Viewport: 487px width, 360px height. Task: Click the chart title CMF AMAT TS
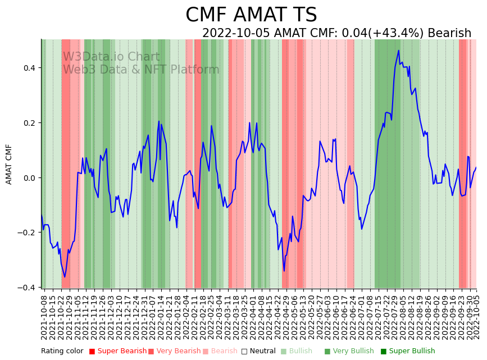point(251,15)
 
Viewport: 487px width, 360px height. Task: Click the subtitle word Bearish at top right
point(449,33)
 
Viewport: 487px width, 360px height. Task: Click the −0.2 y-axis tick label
point(26,233)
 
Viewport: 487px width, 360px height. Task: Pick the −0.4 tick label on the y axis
point(26,288)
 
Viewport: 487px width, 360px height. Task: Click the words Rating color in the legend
point(62,351)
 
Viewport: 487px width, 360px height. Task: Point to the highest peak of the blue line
point(398,51)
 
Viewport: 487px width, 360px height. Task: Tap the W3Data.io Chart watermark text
point(111,57)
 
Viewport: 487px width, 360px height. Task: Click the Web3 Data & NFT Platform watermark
point(141,70)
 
